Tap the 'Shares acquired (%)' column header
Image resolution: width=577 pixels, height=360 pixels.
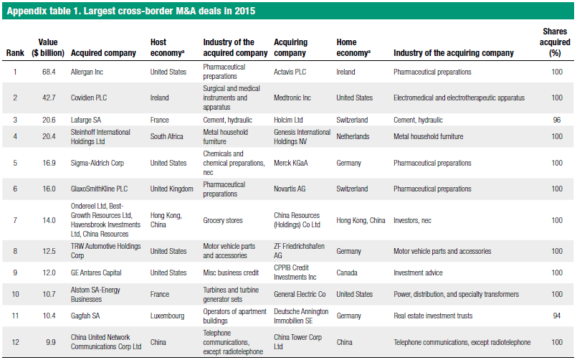click(556, 42)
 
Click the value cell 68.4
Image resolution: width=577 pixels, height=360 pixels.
click(48, 72)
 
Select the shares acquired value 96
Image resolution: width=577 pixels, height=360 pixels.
click(556, 120)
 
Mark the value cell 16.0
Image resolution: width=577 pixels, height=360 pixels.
click(48, 189)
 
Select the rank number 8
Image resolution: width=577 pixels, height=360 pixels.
click(15, 252)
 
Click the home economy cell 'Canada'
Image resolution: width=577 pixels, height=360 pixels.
click(349, 273)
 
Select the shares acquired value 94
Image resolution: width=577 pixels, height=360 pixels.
click(556, 316)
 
